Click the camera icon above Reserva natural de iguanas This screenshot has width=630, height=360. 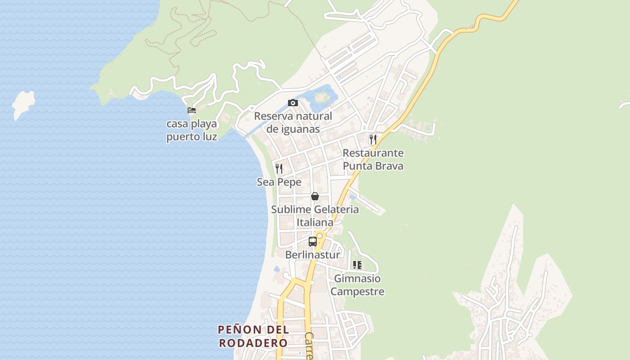pos(293,103)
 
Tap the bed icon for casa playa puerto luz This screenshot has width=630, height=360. pos(192,110)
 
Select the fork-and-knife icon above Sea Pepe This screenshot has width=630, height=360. pos(279,169)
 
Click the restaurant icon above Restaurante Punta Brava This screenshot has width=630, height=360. pos(373,139)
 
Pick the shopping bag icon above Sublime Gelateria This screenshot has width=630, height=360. pos(315,196)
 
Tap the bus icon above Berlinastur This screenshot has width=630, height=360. pos(313,242)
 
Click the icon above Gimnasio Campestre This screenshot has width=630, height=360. pos(357,265)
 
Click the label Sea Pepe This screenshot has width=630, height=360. pos(279,182)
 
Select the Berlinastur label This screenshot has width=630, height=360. pos(313,255)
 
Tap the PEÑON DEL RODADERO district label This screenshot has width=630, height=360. pos(253,336)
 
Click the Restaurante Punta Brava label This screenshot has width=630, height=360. pos(373,159)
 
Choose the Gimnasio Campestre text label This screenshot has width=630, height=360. pos(357,285)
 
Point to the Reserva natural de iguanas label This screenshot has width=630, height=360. pos(293,122)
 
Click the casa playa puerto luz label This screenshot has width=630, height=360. pos(192,130)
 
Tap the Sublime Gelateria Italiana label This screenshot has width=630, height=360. pos(315,216)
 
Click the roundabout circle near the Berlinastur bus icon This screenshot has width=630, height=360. pos(320,235)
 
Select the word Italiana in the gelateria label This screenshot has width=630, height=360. pos(315,222)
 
